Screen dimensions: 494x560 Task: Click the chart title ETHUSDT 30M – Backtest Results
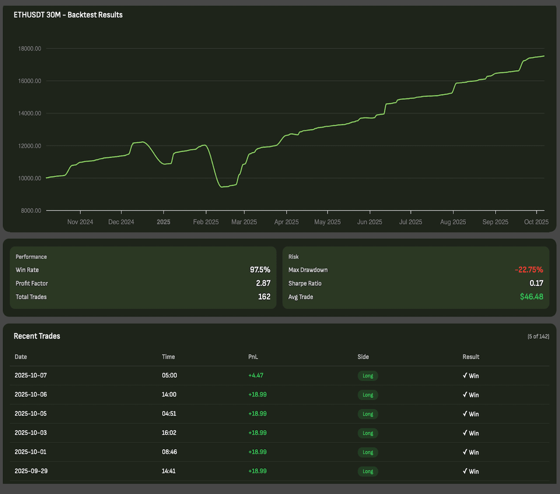click(68, 15)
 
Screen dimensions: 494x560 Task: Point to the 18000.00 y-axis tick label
click(29, 49)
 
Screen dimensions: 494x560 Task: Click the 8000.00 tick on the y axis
click(30, 211)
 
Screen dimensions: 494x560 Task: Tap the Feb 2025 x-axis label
click(206, 222)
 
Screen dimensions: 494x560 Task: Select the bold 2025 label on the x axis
click(163, 222)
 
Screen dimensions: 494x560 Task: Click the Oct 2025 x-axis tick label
click(536, 222)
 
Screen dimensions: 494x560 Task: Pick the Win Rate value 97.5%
click(260, 270)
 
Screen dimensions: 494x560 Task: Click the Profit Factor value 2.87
click(263, 283)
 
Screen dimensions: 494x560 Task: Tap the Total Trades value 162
click(264, 297)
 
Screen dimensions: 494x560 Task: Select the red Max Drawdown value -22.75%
click(529, 270)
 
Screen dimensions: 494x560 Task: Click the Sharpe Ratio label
click(305, 283)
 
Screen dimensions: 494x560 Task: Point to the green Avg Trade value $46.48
click(532, 297)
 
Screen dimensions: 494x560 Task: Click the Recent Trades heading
click(37, 336)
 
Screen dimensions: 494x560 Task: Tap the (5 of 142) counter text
click(538, 337)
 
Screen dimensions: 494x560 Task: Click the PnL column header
click(253, 357)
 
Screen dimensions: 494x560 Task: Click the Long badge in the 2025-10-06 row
click(368, 395)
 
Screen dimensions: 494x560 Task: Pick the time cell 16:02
click(169, 433)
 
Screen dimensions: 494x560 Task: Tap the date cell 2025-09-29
click(31, 471)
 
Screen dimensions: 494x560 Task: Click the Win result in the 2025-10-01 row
click(471, 452)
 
